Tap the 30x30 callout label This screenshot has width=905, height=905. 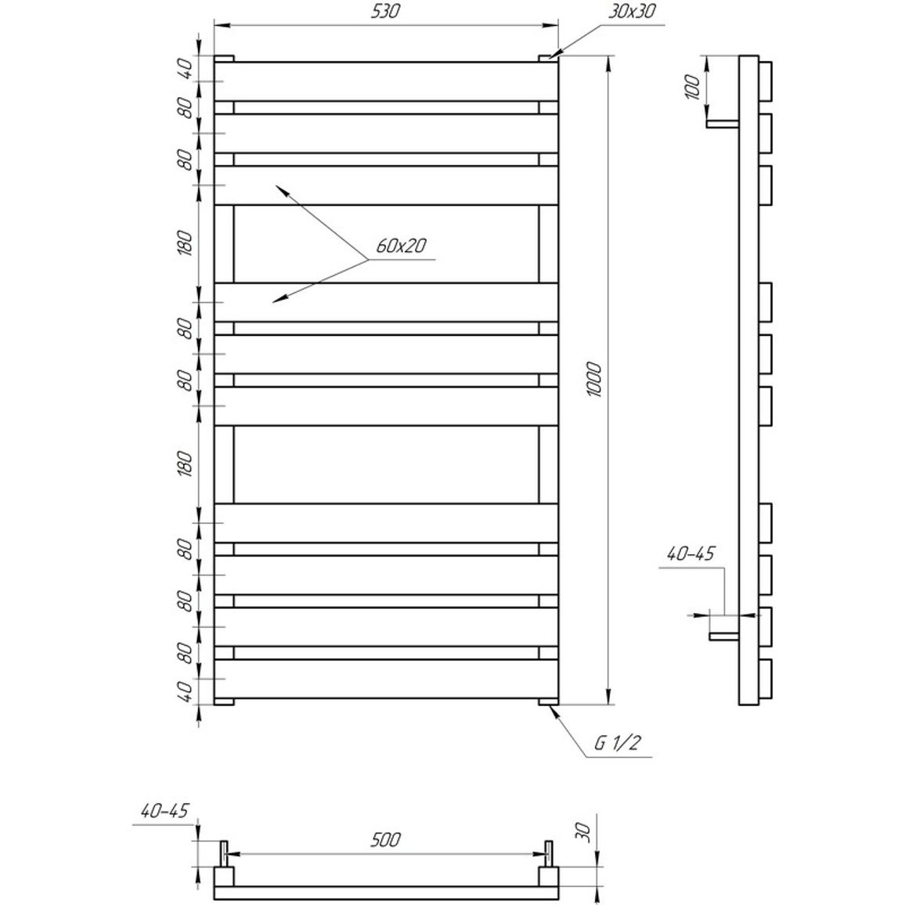click(633, 11)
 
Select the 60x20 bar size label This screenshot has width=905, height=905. click(401, 246)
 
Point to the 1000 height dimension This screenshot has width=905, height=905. click(593, 379)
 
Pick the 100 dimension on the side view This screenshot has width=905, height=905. click(693, 87)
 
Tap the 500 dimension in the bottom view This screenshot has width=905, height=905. click(385, 840)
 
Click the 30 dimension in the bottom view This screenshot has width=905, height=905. click(584, 831)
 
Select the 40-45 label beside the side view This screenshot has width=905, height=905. click(690, 554)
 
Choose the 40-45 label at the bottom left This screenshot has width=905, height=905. click(164, 811)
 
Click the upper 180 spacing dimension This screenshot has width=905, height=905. click(185, 243)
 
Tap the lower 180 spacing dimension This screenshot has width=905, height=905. click(185, 464)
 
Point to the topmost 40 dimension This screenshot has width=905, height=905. click(185, 70)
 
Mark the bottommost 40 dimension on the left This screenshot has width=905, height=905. click(185, 691)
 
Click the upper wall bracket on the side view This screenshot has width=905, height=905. click(723, 124)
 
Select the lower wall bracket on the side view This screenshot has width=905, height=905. click(724, 636)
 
